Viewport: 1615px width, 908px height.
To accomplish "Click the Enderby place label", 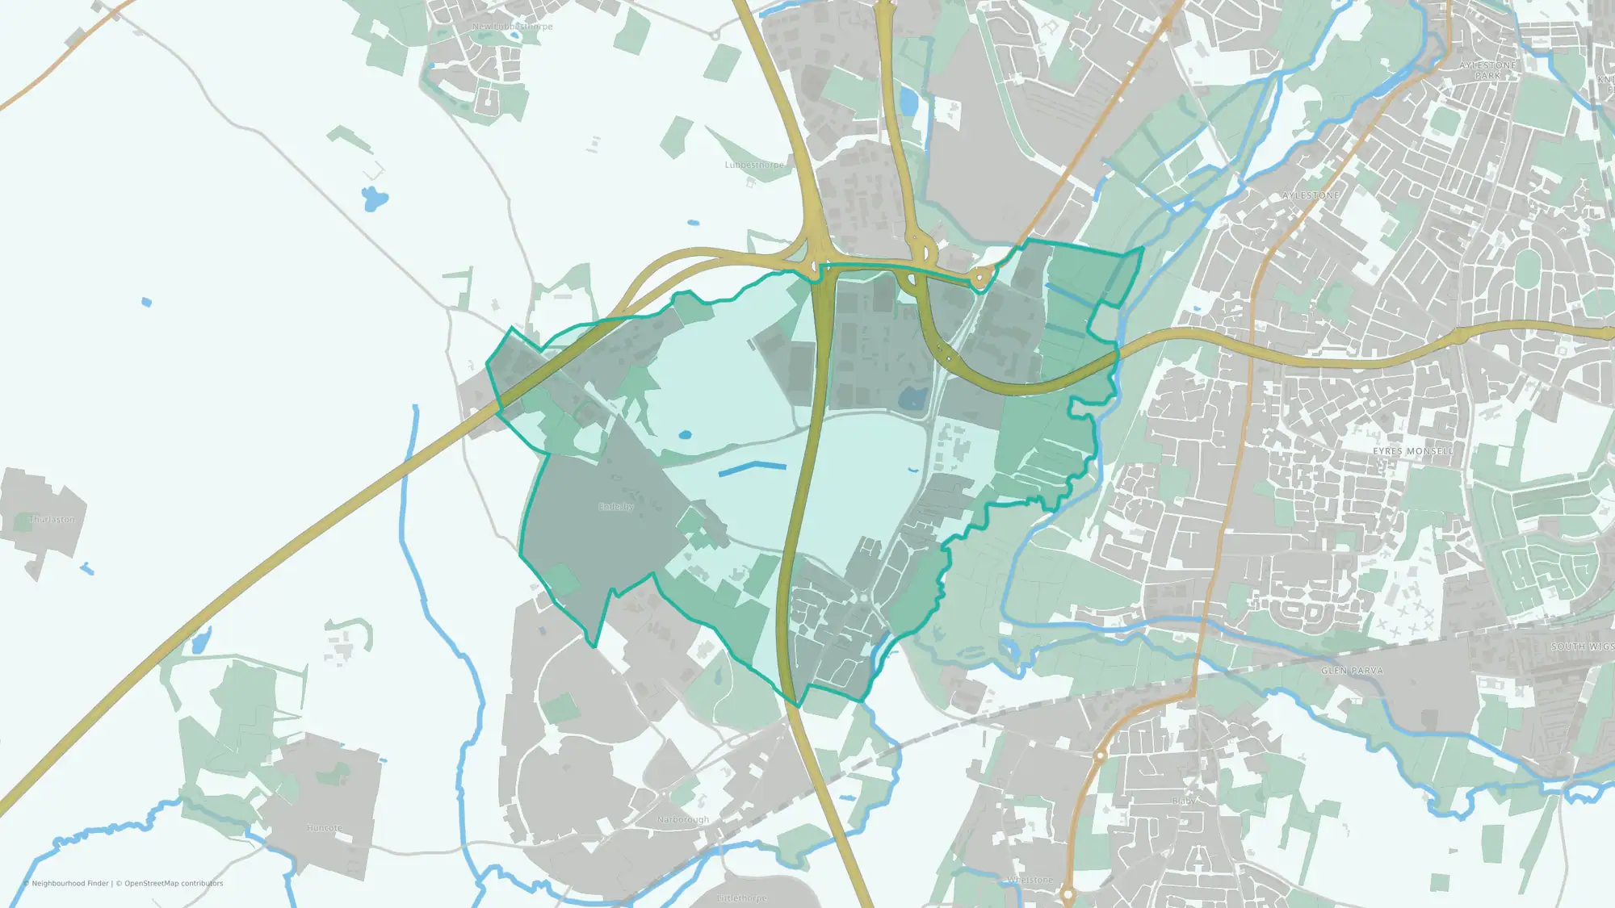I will click(616, 507).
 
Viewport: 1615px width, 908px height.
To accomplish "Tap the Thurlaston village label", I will click(52, 519).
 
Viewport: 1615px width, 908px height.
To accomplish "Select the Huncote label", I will click(325, 828).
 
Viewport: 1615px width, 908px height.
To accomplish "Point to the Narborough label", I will click(683, 819).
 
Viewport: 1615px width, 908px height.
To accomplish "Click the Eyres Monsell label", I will click(1413, 451).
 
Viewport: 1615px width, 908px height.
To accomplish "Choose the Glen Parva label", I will click(1352, 671).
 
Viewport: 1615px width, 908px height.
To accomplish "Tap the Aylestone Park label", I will click(1487, 70).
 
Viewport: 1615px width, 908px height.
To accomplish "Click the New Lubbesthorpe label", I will click(513, 27).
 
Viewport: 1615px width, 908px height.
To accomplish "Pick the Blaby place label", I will click(1184, 801).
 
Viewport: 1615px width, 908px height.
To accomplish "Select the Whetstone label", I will click(1030, 880).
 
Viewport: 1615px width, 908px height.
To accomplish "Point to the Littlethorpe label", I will click(742, 898).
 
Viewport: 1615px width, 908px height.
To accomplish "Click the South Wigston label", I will click(1581, 646).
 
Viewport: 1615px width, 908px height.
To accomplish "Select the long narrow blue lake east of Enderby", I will click(752, 468).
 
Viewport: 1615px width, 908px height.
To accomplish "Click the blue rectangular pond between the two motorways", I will click(909, 102).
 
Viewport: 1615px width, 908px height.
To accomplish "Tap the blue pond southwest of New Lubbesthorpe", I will click(374, 198).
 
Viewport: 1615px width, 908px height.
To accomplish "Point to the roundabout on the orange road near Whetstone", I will click(1068, 894).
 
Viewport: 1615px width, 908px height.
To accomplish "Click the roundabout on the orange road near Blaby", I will click(1100, 755).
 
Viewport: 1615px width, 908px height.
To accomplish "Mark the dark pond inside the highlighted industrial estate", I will click(912, 397).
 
